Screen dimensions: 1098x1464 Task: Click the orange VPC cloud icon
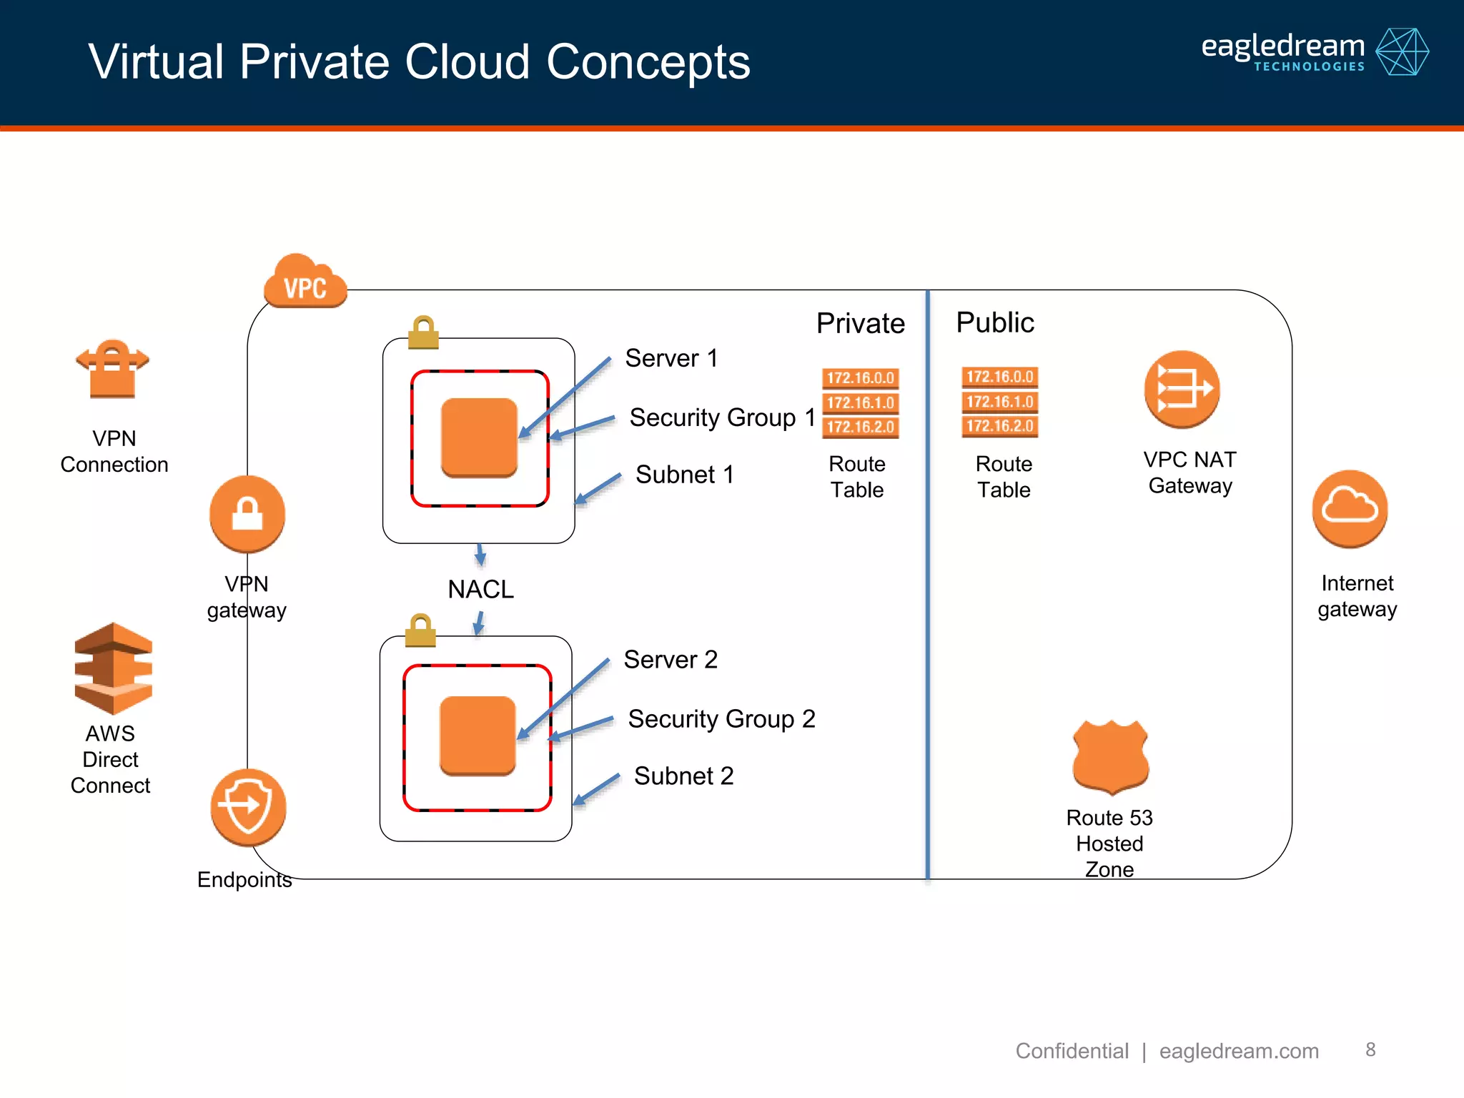pos(305,282)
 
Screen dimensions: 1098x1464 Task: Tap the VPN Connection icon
pos(112,368)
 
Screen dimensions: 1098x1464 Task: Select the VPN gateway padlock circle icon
pos(247,514)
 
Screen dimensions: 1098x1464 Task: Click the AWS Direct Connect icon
pos(113,668)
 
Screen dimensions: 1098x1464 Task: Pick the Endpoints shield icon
pos(248,806)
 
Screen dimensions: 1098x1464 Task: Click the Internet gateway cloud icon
pos(1350,508)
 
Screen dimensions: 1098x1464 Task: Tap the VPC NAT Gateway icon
pos(1182,389)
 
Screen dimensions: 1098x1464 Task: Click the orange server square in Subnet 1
pos(479,437)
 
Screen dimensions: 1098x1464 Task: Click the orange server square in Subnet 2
pos(478,736)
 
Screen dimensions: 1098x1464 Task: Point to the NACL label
pos(480,590)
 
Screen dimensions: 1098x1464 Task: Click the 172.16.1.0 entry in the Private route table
pos(860,402)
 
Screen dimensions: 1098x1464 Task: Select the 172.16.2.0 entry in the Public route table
pos(999,426)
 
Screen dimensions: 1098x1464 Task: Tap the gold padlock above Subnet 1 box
pos(423,332)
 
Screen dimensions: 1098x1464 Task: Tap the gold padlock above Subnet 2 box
pos(420,630)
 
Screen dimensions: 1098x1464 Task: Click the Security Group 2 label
pos(721,719)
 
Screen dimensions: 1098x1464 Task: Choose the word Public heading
pos(995,322)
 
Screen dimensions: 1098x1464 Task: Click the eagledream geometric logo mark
pos(1402,52)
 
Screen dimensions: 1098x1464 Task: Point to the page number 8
pos(1370,1049)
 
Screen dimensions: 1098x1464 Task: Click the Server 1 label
pos(671,358)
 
